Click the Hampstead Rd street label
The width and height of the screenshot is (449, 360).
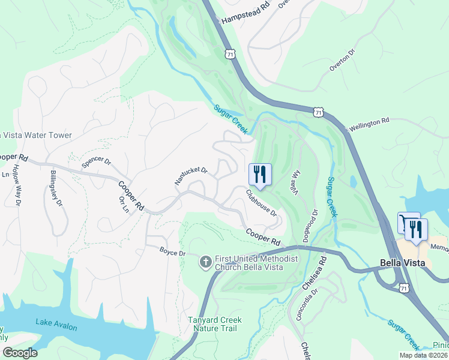point(246,13)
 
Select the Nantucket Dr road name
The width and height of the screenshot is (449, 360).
point(191,175)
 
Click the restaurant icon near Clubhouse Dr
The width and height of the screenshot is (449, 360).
point(260,175)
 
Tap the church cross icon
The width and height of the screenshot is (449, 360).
point(205,262)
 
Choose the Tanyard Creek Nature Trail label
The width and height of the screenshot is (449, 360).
point(215,325)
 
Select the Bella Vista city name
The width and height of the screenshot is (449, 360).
point(403,262)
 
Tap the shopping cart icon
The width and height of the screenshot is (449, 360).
point(408,223)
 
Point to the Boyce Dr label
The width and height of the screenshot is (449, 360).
point(173,252)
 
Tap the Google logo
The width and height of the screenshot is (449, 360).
point(20,352)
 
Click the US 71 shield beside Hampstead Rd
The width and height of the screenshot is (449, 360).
point(229,54)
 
